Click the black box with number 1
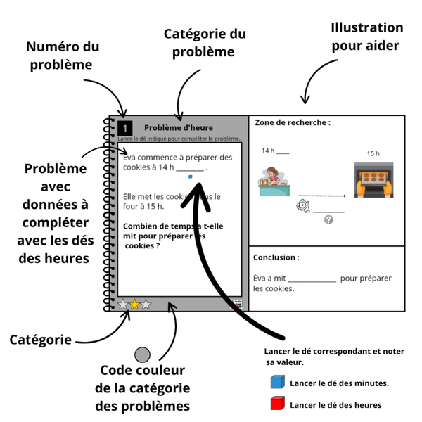click(125, 128)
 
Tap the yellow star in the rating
click(134, 305)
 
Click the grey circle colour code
click(143, 355)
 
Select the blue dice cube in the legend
click(277, 383)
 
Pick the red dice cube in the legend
click(277, 404)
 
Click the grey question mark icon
click(328, 220)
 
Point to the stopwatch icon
click(302, 205)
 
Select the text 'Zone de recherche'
click(292, 122)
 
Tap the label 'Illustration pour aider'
click(366, 37)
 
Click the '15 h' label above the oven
click(373, 153)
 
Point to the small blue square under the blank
click(190, 177)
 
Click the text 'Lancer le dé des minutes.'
click(339, 383)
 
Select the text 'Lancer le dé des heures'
click(335, 405)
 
